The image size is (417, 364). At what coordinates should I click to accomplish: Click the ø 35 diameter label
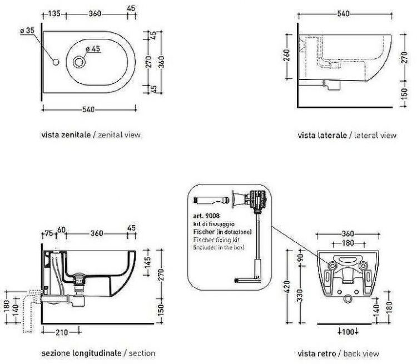click(27, 32)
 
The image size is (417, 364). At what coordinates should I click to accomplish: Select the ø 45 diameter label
click(92, 49)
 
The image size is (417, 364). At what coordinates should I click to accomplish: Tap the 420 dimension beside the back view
click(288, 287)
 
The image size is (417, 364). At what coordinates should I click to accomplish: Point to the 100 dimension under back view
click(349, 333)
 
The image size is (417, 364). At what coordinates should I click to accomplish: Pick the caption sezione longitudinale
click(81, 353)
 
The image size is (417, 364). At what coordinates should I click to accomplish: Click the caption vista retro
click(317, 353)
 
